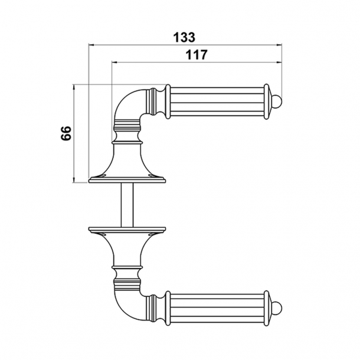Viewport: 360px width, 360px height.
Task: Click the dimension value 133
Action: click(x=184, y=37)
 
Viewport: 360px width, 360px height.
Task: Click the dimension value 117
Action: click(x=196, y=55)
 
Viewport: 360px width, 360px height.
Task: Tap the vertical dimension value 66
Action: click(x=66, y=133)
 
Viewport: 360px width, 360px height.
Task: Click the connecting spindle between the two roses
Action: click(x=127, y=205)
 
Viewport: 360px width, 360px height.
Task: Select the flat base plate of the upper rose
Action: click(x=127, y=180)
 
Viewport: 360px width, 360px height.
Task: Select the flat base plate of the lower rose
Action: click(x=127, y=230)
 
